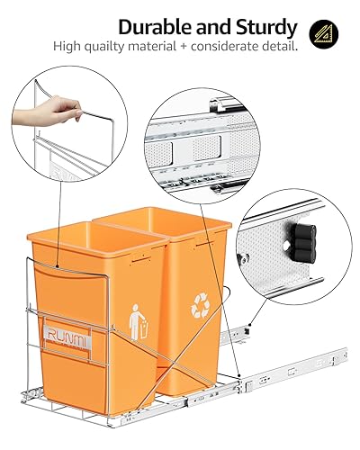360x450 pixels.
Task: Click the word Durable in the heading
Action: pyautogui.click(x=155, y=26)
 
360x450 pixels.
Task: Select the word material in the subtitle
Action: pyautogui.click(x=150, y=45)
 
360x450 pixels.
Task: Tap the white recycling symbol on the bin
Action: pyautogui.click(x=200, y=309)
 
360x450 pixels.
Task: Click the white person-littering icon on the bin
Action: pyautogui.click(x=138, y=321)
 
